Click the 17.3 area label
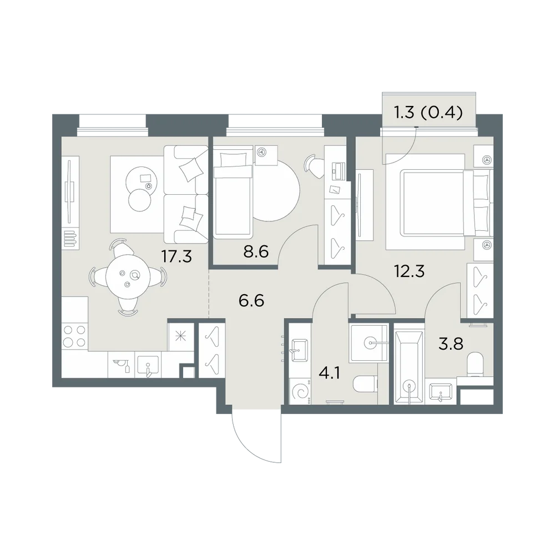tap(176, 256)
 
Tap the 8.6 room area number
tap(256, 251)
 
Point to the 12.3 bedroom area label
tap(409, 271)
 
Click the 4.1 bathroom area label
tap(330, 373)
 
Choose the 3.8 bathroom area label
tap(451, 344)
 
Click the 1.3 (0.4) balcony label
tap(428, 113)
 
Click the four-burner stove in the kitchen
tap(74, 336)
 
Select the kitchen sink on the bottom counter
tap(148, 365)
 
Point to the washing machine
tap(300, 391)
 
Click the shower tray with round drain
tap(369, 342)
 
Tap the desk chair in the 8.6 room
tap(314, 165)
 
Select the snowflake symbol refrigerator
tap(181, 336)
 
